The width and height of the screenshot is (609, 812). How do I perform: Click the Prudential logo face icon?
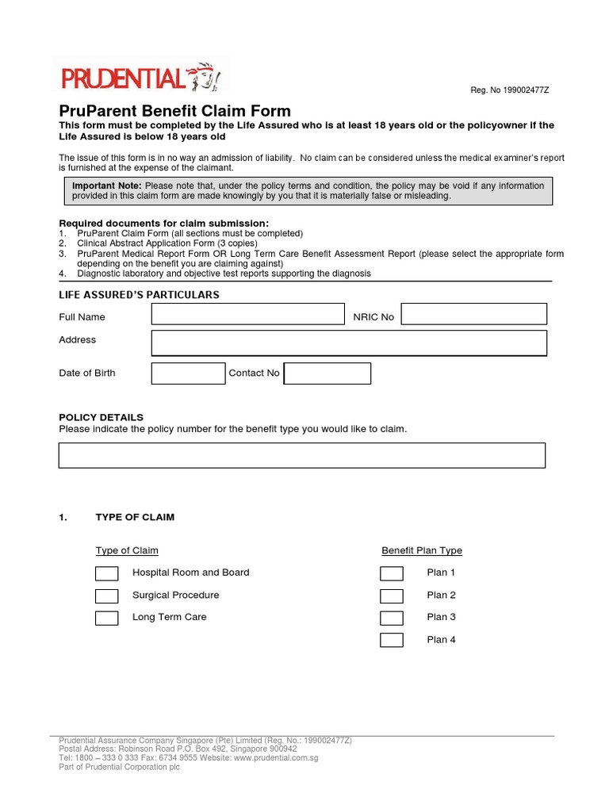(x=205, y=78)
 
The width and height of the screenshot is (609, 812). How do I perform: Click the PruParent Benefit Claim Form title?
(x=175, y=111)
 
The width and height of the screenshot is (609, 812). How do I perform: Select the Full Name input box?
(x=247, y=314)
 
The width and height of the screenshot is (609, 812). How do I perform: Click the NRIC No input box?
(x=473, y=314)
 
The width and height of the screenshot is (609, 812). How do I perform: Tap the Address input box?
(x=349, y=343)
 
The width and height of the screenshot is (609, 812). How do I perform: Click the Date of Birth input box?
(x=188, y=373)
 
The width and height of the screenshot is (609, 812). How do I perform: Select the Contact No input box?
(x=327, y=373)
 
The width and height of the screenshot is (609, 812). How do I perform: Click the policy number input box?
(x=302, y=455)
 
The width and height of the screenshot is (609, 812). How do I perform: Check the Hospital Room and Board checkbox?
(x=106, y=573)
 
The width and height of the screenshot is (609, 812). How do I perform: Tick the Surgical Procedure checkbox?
(x=106, y=596)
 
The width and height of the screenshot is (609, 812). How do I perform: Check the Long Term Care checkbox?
(x=106, y=618)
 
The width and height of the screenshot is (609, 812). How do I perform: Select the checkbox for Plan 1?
(x=391, y=573)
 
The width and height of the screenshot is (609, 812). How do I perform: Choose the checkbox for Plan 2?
(x=391, y=596)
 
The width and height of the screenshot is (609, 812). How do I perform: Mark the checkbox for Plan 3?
(x=391, y=618)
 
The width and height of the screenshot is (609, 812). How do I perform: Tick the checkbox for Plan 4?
(x=391, y=640)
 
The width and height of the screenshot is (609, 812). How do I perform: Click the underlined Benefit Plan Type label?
(x=421, y=550)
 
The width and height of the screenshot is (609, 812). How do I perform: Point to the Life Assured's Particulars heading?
(x=139, y=295)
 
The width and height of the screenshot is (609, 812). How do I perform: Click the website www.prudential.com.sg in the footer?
(x=275, y=758)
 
